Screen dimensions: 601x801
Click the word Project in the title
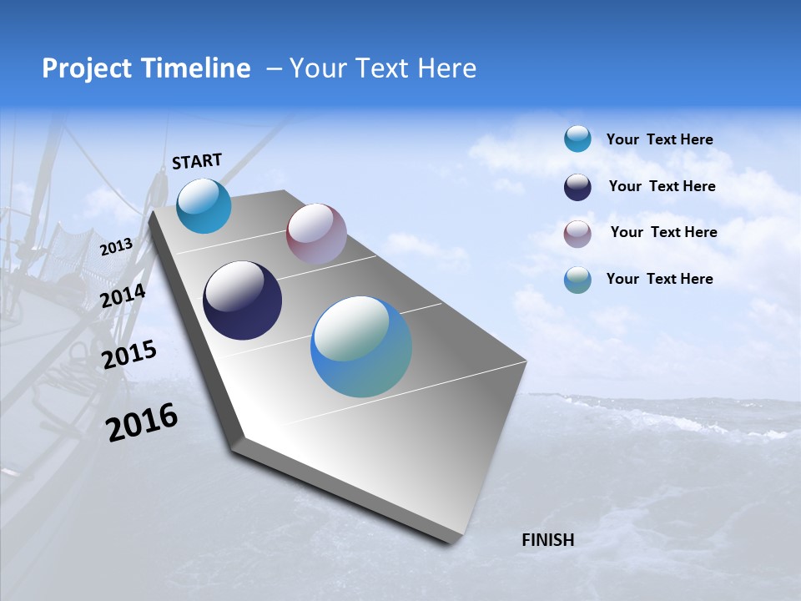pyautogui.click(x=80, y=68)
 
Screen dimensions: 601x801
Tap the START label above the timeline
pyautogui.click(x=197, y=161)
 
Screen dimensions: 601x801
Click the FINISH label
pyautogui.click(x=548, y=540)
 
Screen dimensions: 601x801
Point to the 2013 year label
pyautogui.click(x=116, y=247)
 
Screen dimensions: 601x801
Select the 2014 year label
pyautogui.click(x=123, y=296)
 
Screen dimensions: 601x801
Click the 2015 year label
pyautogui.click(x=129, y=354)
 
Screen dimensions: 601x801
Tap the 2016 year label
pyautogui.click(x=142, y=422)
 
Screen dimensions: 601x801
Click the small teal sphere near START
pyautogui.click(x=204, y=206)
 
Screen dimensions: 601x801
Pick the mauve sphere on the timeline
pyautogui.click(x=316, y=234)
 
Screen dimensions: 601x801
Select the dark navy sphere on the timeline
pyautogui.click(x=242, y=300)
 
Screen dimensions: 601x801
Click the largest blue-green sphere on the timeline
pyautogui.click(x=361, y=346)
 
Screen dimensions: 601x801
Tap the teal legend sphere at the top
pyautogui.click(x=577, y=139)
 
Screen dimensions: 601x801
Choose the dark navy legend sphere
pyautogui.click(x=577, y=187)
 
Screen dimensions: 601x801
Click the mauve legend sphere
pyautogui.click(x=577, y=234)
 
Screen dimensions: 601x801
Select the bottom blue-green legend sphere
pyautogui.click(x=577, y=280)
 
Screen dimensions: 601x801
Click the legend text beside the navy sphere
pyautogui.click(x=662, y=186)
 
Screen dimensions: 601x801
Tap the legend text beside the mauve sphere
pyautogui.click(x=663, y=232)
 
